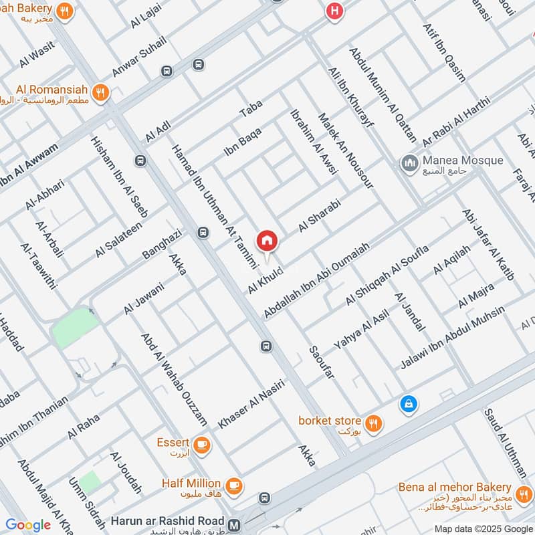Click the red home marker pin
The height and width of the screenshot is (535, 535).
[266, 241]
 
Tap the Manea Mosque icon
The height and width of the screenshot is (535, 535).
[409, 162]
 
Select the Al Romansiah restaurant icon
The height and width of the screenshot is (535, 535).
[101, 92]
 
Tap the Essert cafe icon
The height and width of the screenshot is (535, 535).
[202, 443]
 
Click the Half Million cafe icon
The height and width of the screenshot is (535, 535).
[233, 484]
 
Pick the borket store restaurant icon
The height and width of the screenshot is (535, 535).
[374, 422]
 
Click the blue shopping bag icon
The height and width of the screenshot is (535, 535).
[407, 403]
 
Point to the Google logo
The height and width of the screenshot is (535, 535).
[28, 525]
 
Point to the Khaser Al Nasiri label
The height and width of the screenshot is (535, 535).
[251, 404]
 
